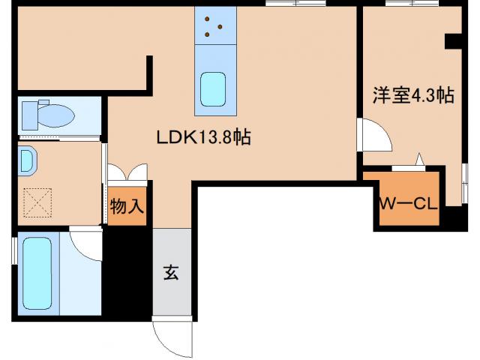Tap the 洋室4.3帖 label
pos(413,95)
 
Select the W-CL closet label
pos(407,204)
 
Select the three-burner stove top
pos(214,26)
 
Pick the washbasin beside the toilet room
pos(26,160)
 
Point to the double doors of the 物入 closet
pos(127,172)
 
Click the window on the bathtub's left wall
pos(14,252)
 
